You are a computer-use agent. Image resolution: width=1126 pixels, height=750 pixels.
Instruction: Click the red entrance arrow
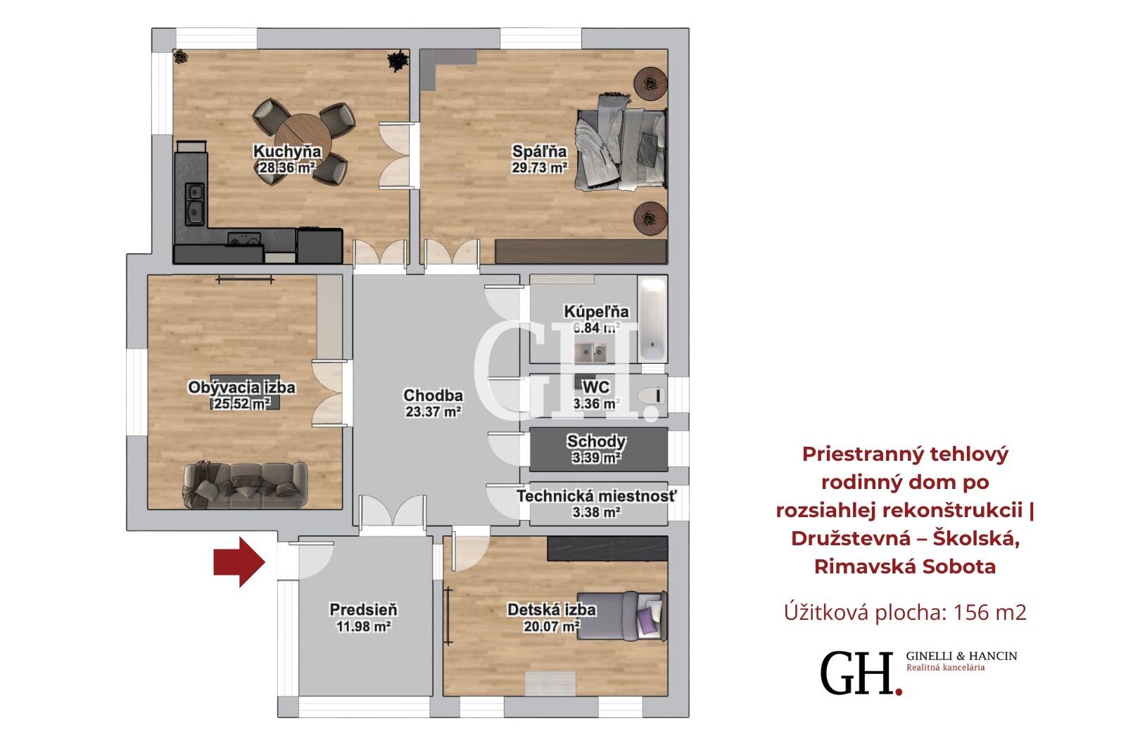tap(239, 562)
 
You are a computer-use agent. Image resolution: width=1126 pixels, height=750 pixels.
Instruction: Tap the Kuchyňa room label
tap(287, 151)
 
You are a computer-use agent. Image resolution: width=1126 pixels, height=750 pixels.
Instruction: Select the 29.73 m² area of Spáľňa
tap(540, 167)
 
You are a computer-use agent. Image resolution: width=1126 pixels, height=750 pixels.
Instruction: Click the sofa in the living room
tap(245, 485)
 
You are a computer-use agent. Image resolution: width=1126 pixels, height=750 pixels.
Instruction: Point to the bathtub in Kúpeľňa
tap(652, 319)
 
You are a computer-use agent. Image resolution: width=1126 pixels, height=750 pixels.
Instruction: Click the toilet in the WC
tap(651, 395)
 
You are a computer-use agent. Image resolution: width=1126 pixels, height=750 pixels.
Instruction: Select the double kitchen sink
tap(194, 203)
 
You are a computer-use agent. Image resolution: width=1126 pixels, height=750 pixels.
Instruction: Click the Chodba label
tap(433, 395)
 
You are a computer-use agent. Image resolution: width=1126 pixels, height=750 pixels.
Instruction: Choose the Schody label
tap(596, 441)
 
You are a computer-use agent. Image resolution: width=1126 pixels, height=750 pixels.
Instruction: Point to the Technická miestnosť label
tap(596, 496)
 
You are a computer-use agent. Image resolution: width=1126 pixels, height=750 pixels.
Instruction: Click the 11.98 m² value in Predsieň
tap(363, 626)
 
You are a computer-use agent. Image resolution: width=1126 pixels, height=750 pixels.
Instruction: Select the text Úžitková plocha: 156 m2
tap(905, 612)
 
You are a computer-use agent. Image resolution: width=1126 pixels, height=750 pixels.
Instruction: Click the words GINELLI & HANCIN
tap(961, 656)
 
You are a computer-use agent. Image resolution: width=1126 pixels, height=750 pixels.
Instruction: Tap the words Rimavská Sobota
tap(905, 566)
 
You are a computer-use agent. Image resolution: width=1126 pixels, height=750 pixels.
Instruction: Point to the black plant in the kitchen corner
tap(397, 61)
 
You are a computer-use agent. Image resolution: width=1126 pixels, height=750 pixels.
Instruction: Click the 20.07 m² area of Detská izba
tap(552, 626)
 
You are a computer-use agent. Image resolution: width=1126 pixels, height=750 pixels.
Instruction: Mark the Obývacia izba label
tap(241, 387)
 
